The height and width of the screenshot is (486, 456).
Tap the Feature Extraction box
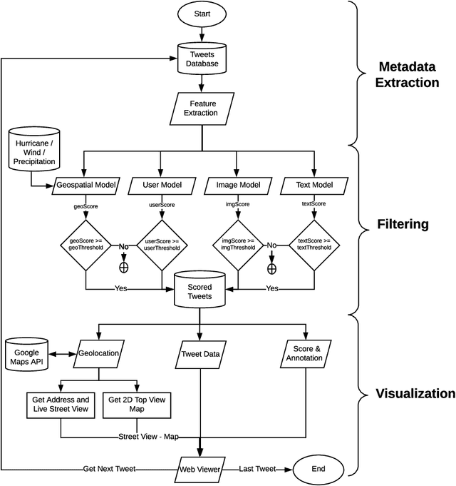[x=203, y=109]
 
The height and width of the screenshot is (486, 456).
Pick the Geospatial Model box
[x=85, y=186]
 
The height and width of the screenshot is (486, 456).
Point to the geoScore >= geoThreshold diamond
[x=85, y=244]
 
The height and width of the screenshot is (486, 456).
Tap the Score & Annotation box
[x=304, y=353]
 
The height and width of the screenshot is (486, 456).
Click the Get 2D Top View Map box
[x=137, y=404]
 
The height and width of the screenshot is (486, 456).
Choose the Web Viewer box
[x=200, y=470]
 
